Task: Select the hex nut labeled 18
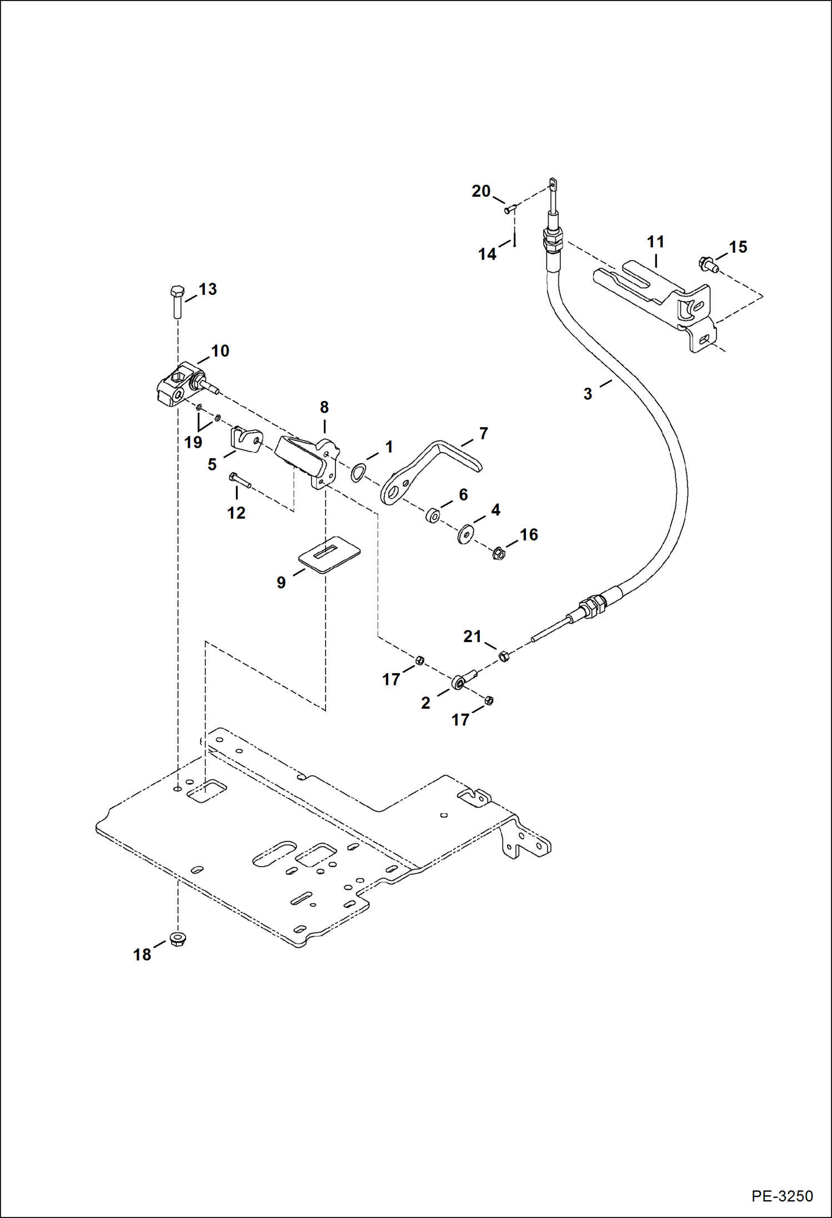(x=178, y=939)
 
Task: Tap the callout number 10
(x=220, y=351)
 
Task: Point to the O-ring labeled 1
(x=358, y=473)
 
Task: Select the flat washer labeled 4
(x=465, y=534)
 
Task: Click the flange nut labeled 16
(x=498, y=553)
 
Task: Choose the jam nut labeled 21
(x=504, y=656)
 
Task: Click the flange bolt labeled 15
(x=708, y=264)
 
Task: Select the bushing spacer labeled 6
(x=433, y=516)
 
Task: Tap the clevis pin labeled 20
(x=510, y=209)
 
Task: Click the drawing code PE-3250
(x=782, y=1196)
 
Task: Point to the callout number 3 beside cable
(x=588, y=394)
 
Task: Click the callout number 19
(x=193, y=443)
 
